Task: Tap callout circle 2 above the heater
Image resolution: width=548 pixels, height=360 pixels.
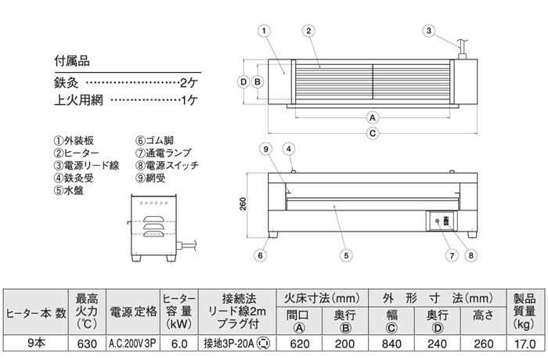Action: click(x=309, y=31)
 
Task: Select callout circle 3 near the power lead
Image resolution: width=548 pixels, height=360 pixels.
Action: click(x=428, y=31)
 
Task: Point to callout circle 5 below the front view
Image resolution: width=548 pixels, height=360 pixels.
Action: click(x=347, y=254)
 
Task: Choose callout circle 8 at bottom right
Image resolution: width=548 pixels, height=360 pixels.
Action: click(x=470, y=254)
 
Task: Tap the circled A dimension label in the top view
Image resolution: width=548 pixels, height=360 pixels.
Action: click(x=373, y=117)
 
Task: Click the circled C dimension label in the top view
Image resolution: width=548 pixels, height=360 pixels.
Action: click(x=373, y=133)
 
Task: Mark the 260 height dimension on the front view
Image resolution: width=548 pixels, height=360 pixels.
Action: click(x=243, y=203)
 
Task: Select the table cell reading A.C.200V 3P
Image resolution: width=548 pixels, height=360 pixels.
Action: click(x=131, y=342)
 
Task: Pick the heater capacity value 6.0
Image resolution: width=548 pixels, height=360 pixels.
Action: click(x=178, y=342)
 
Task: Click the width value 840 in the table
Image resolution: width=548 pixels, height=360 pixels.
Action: click(x=393, y=342)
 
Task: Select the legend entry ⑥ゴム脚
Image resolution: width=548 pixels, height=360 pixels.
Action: click(x=157, y=141)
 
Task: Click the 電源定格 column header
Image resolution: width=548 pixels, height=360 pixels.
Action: click(x=131, y=311)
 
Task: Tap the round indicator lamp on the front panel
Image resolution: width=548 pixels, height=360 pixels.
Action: click(x=437, y=222)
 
